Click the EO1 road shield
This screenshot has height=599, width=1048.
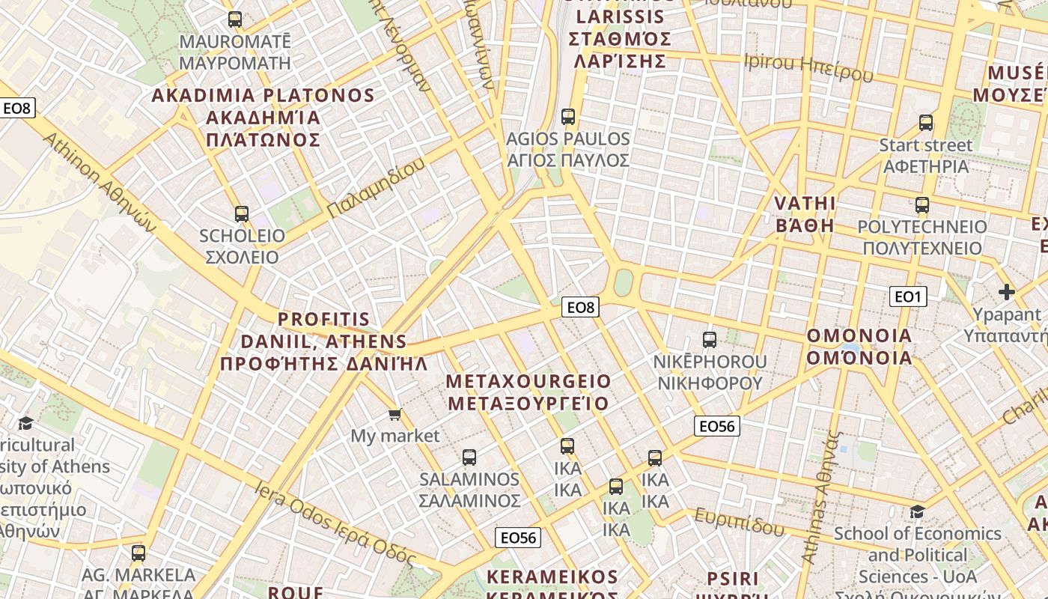[x=908, y=297]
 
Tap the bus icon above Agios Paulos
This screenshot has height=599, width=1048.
[x=568, y=117]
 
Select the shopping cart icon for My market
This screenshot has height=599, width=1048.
[x=394, y=414]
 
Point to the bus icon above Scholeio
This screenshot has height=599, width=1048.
[x=241, y=214]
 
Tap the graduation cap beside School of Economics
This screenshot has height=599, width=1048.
[x=917, y=511]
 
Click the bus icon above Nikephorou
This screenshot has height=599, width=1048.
[x=710, y=340]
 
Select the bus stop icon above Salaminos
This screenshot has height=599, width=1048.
[x=469, y=457]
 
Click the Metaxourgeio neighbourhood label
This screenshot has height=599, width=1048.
[x=528, y=392]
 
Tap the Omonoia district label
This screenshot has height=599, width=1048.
[x=859, y=346]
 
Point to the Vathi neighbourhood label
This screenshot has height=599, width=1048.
[x=805, y=214]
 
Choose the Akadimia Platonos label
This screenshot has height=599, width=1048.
[x=263, y=118]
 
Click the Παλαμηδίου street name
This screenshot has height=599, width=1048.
[x=376, y=188]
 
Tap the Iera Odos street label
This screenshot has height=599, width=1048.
[x=335, y=523]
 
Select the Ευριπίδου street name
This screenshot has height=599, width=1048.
[x=739, y=521]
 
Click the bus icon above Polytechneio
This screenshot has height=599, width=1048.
[x=922, y=205]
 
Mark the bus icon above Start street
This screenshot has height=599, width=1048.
[x=926, y=123]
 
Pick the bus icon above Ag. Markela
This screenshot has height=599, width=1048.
[x=138, y=554]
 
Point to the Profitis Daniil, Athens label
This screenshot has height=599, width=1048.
[x=323, y=342]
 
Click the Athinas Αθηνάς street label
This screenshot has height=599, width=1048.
[x=821, y=498]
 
